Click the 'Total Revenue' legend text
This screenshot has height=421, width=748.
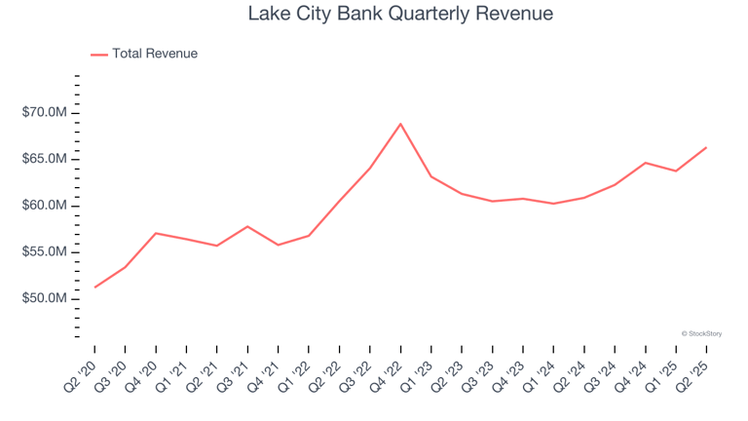(155, 54)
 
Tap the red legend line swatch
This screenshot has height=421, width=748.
(99, 55)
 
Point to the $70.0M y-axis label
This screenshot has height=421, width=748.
(44, 113)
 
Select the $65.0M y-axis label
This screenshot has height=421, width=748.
(44, 159)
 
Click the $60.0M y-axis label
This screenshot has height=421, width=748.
(44, 206)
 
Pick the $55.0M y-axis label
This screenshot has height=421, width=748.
(44, 251)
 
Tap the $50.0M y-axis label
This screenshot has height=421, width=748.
(44, 298)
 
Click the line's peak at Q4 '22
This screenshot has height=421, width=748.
(400, 124)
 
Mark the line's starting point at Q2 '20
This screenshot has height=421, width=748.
(95, 287)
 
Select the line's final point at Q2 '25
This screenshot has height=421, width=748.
(706, 147)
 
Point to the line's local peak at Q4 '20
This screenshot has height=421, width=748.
(156, 233)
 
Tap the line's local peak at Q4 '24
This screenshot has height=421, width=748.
(645, 163)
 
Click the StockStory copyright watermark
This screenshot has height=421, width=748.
(701, 333)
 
